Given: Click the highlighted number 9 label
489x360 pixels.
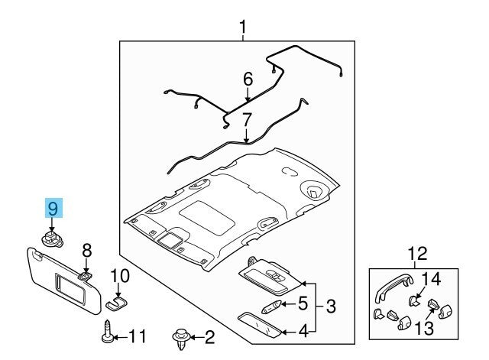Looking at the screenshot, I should pyautogui.click(x=53, y=208).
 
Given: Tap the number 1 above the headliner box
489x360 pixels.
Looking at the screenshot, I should pyautogui.click(x=242, y=29).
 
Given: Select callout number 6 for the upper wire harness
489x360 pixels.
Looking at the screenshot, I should pyautogui.click(x=248, y=79).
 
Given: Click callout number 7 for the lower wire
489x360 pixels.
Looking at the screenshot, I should pyautogui.click(x=247, y=119).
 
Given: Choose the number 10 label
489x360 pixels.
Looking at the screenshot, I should pyautogui.click(x=121, y=275).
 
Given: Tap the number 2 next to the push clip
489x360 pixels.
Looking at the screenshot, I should pyautogui.click(x=209, y=336).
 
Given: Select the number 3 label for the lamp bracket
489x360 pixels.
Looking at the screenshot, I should pyautogui.click(x=330, y=306).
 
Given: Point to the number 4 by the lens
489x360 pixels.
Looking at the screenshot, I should pyautogui.click(x=303, y=331).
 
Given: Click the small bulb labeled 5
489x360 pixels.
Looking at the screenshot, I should pyautogui.click(x=272, y=306).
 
